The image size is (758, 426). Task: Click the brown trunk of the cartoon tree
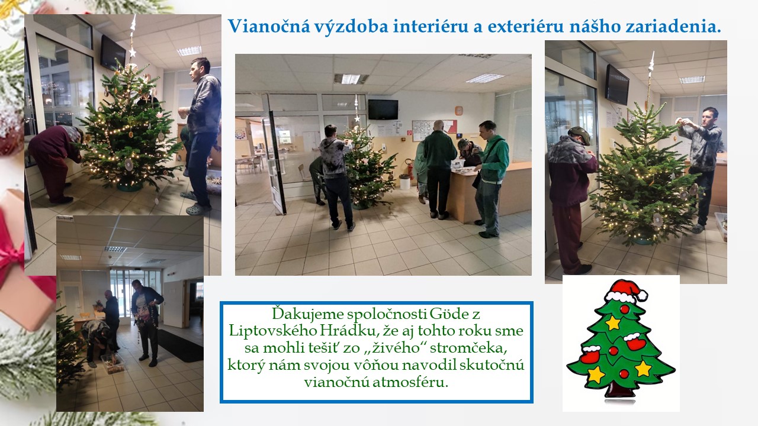(x=619, y=391)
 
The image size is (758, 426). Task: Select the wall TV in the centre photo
(x=383, y=109)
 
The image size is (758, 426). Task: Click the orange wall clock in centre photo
(x=458, y=111)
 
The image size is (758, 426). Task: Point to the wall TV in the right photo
(x=617, y=85)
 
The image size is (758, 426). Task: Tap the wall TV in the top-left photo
(x=113, y=53)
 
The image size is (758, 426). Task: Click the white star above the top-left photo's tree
(x=132, y=53)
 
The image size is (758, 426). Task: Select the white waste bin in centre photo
(x=404, y=182)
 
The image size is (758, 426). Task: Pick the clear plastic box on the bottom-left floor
(x=113, y=363)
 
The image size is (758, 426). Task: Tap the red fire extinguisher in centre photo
(x=410, y=169)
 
